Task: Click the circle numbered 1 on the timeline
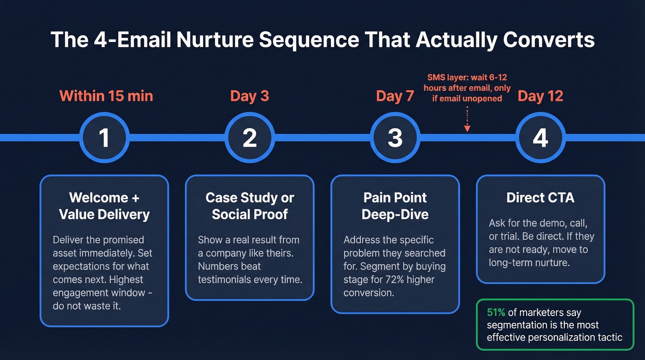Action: (x=105, y=137)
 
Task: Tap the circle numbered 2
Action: (x=250, y=137)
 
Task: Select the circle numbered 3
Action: (x=395, y=137)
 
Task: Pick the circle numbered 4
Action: (x=540, y=137)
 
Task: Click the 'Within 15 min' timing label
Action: (x=106, y=96)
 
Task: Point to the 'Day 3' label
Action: (x=250, y=96)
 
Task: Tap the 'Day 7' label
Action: (x=395, y=96)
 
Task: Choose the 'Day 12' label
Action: (x=540, y=96)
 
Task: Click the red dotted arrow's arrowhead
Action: (x=467, y=129)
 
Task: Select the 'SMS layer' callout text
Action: (x=467, y=88)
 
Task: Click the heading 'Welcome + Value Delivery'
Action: (x=105, y=206)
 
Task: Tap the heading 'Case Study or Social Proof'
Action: (x=250, y=206)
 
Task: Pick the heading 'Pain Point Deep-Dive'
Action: (x=395, y=206)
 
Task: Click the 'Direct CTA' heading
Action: (x=540, y=198)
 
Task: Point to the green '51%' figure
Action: (x=496, y=313)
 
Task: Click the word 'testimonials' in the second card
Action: (x=226, y=279)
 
